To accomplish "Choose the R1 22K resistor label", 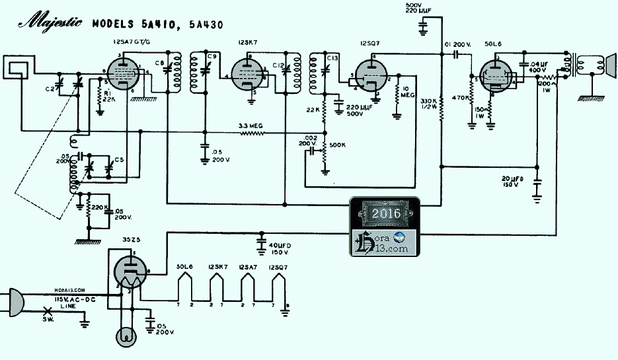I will (x=110, y=96).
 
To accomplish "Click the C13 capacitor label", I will (x=332, y=58).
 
